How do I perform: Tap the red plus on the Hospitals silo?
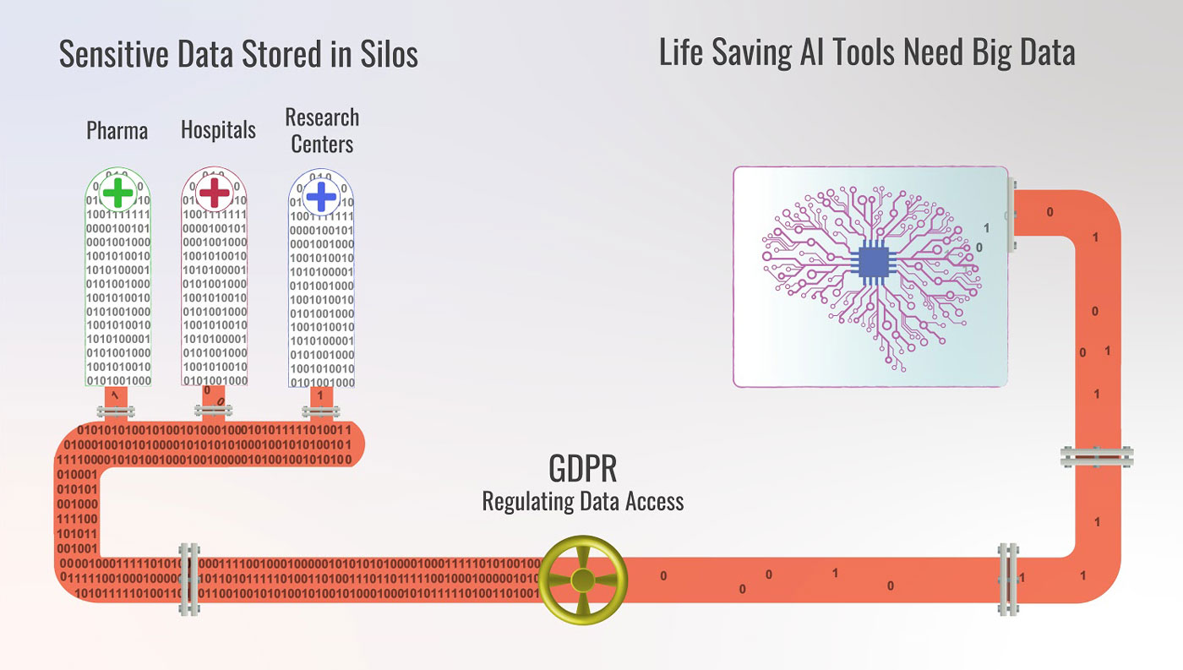tap(214, 193)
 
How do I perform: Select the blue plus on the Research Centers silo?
tap(321, 197)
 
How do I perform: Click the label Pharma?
tap(117, 131)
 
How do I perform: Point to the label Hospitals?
tap(218, 130)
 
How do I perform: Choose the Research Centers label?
tap(322, 130)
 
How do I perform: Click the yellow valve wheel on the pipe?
tap(582, 579)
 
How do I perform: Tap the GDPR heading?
tap(583, 467)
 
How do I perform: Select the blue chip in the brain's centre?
tap(873, 261)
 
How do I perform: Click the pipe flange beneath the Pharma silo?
tap(116, 412)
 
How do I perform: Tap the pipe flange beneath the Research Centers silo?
tap(321, 411)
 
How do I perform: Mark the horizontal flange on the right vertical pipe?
tap(1097, 457)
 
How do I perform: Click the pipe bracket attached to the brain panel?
tap(1011, 215)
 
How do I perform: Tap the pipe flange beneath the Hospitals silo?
tap(215, 411)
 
